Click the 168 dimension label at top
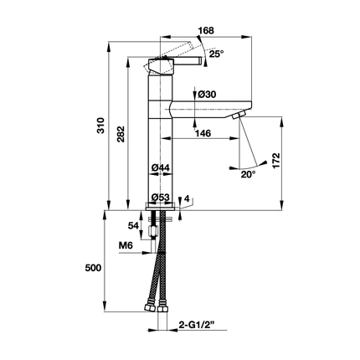(206, 30)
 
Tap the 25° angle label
(217, 54)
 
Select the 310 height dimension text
(100, 126)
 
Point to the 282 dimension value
(121, 134)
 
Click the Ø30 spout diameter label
(207, 95)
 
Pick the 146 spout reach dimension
(203, 133)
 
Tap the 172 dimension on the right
(276, 161)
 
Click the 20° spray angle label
(248, 175)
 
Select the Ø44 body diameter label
(161, 167)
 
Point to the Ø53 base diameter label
(161, 198)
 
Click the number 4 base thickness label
(187, 198)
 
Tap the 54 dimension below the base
(133, 225)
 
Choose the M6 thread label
(126, 245)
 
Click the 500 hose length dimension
(93, 268)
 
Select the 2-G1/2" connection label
(196, 325)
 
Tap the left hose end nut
(149, 308)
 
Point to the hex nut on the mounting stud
(152, 230)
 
